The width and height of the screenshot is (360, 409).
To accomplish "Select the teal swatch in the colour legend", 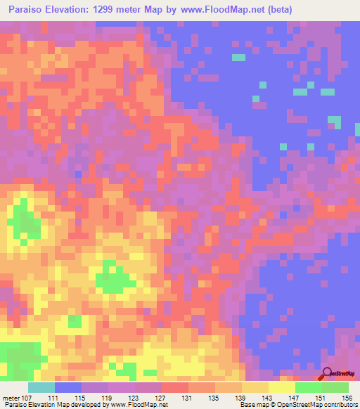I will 41,387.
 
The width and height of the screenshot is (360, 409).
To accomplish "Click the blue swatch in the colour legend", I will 68,387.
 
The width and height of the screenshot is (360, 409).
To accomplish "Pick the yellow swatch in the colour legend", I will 281,387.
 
